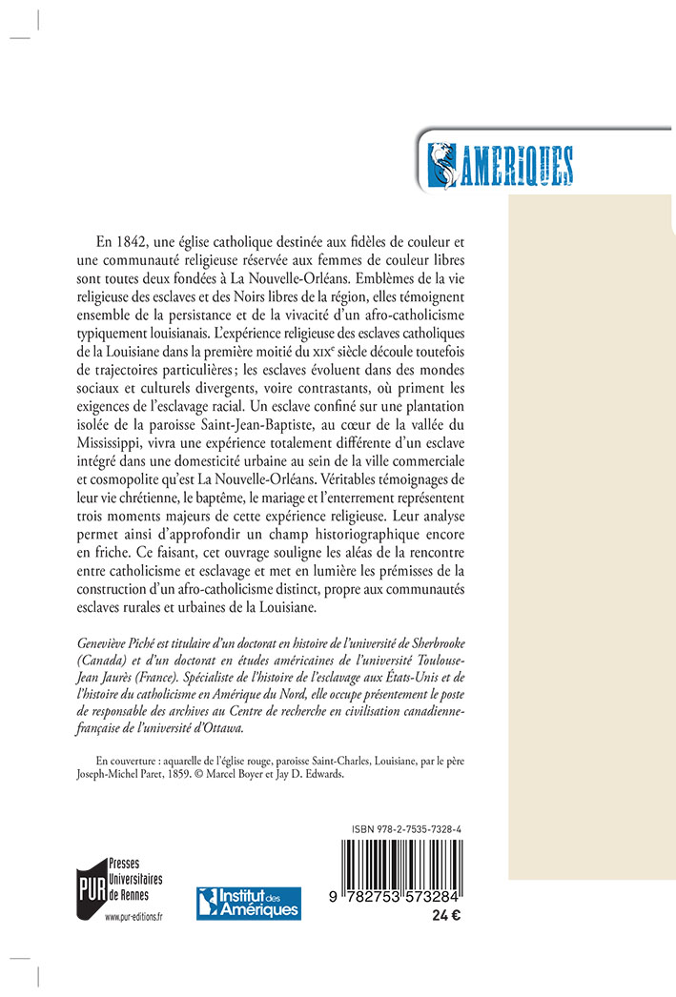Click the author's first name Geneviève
tap(102, 639)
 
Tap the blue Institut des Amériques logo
tap(249, 903)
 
